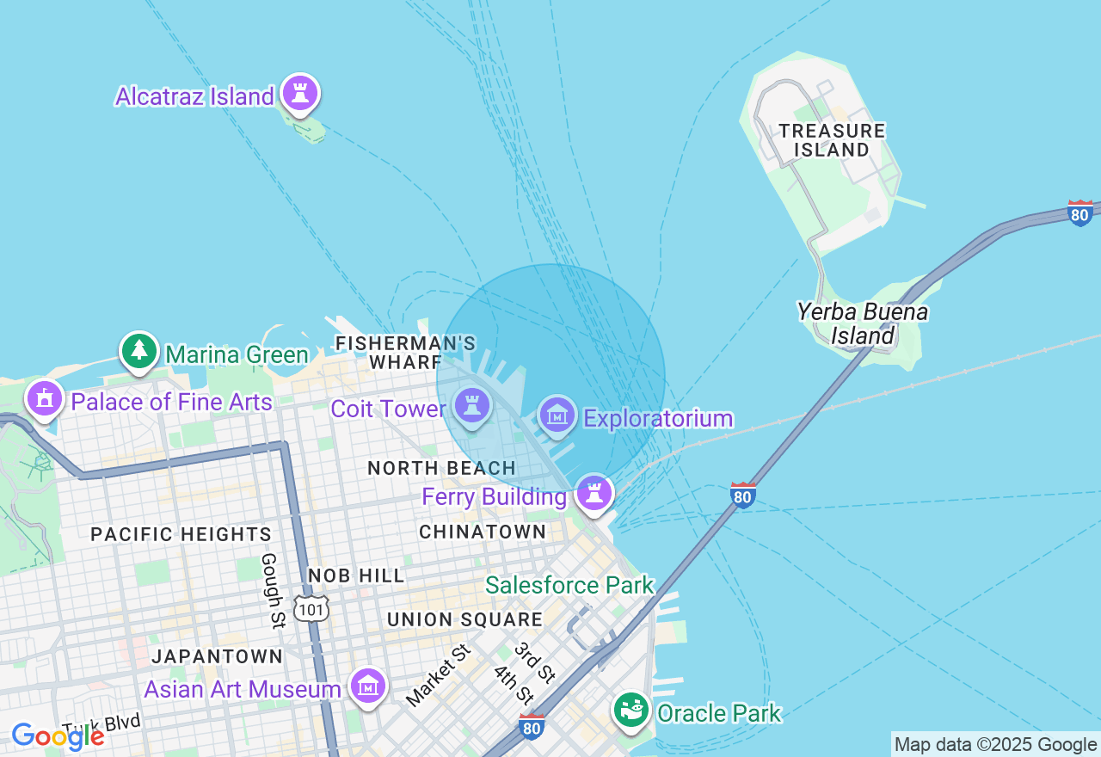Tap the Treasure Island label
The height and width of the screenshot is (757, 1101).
pos(831,140)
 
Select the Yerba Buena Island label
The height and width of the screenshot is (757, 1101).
pos(863,323)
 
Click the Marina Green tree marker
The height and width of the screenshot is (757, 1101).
pos(139,350)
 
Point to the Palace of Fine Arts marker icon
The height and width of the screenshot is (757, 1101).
pos(45,398)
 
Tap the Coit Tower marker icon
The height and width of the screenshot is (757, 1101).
pos(471,405)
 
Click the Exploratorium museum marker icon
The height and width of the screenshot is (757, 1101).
pos(557,415)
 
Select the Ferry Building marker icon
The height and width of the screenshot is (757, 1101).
pos(594,493)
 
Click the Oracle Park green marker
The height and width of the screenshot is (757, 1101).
pos(632,710)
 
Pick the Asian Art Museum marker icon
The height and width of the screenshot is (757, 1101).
pos(368,686)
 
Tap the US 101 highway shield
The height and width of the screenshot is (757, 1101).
pos(311,608)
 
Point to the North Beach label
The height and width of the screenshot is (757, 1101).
pos(441,468)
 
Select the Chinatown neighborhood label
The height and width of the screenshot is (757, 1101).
pos(483,532)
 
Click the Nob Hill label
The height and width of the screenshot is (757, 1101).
pos(356,575)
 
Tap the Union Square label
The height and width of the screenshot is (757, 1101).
pos(464,619)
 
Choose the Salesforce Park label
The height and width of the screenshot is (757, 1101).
pos(569,586)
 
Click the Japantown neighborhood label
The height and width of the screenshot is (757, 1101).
pos(218,656)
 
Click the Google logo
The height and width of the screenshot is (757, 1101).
pos(57,736)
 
